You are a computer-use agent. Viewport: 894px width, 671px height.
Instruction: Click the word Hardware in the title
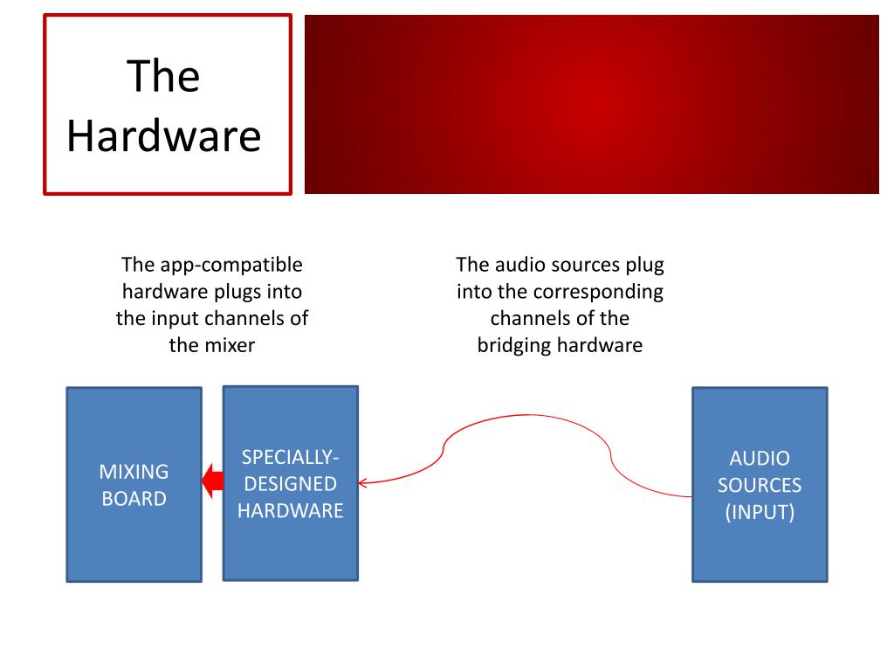point(164,136)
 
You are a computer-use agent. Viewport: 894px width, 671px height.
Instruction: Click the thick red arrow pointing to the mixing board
point(211,481)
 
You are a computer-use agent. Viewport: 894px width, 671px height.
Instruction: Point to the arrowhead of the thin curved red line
point(362,481)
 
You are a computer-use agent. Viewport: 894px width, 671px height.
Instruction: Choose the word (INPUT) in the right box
point(760,512)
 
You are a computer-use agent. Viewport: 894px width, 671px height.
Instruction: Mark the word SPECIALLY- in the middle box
point(290,457)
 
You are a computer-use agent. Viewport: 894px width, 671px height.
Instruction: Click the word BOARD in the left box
point(134,499)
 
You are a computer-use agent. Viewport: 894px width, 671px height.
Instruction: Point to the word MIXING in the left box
point(134,472)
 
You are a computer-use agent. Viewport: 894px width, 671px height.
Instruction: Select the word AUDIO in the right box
point(760,458)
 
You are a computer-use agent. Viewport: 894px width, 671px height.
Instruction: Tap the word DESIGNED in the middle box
point(290,484)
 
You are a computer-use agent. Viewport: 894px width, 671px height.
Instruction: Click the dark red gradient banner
point(591,103)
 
